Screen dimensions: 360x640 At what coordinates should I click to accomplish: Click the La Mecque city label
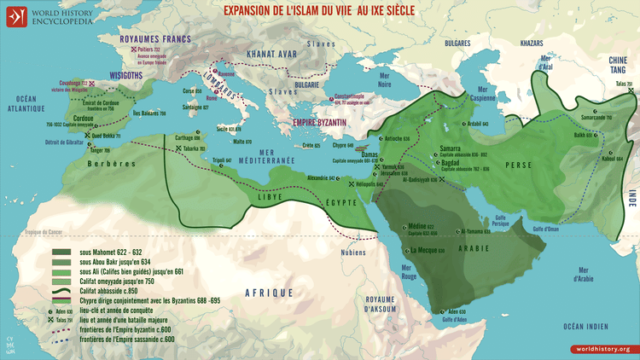pyautogui.click(x=426, y=251)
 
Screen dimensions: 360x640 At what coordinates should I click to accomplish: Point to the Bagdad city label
pyautogui.click(x=452, y=161)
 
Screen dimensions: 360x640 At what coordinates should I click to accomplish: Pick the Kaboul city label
pyautogui.click(x=589, y=158)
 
